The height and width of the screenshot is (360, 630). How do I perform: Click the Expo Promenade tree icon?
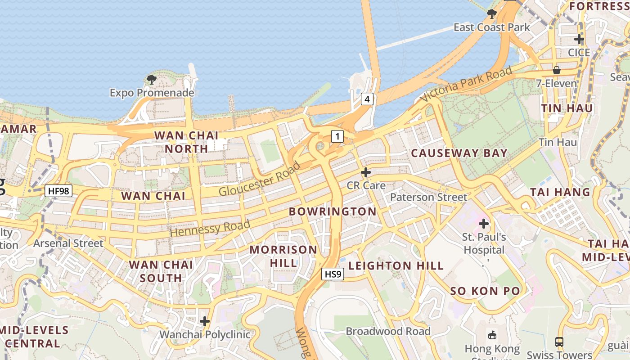(152, 80)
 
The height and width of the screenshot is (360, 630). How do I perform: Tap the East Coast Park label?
(491, 27)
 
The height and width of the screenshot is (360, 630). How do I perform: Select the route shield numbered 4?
(367, 99)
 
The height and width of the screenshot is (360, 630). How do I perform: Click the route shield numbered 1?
(337, 136)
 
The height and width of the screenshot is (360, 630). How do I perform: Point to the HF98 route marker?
(58, 191)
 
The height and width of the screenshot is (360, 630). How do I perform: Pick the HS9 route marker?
(333, 274)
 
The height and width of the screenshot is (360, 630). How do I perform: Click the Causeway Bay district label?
(459, 153)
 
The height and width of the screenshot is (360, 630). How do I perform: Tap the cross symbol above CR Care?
(366, 172)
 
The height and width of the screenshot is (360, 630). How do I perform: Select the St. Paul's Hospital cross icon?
(484, 223)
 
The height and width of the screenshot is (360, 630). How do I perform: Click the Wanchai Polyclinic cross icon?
(205, 321)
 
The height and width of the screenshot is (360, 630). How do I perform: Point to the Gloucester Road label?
(260, 179)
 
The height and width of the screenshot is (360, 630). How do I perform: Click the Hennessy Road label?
(210, 229)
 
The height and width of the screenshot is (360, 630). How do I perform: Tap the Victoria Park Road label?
(466, 84)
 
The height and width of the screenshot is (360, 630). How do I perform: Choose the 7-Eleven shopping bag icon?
(557, 70)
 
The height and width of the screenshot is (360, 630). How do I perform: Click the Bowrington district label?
(333, 211)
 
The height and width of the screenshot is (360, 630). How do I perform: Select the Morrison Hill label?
(283, 256)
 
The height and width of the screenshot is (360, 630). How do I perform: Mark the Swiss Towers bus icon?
(559, 342)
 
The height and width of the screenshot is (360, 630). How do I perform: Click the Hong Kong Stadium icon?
(492, 335)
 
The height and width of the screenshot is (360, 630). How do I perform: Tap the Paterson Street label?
(428, 197)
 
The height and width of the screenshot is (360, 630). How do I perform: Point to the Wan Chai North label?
(186, 142)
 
